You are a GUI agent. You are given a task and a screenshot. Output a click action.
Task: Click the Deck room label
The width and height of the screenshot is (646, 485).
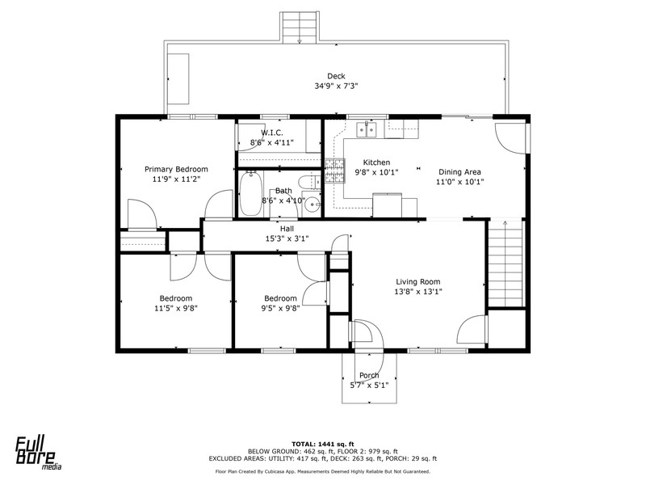(336, 76)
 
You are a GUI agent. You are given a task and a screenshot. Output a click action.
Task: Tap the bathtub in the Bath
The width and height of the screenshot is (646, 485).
(250, 193)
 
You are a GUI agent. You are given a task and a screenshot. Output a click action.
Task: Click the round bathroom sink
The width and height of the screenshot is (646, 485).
(314, 204)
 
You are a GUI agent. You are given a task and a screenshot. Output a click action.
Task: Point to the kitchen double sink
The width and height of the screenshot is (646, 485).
(367, 129)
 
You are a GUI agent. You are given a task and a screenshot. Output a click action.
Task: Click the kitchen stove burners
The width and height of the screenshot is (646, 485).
(334, 171)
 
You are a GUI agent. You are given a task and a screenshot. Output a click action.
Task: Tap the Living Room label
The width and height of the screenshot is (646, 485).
(418, 282)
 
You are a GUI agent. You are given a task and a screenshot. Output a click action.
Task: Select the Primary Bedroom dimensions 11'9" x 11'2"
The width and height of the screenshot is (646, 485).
(176, 179)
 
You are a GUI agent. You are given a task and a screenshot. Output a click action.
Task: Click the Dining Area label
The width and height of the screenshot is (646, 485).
(459, 172)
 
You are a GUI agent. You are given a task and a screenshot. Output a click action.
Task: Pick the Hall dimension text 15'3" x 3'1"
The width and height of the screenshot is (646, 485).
(287, 238)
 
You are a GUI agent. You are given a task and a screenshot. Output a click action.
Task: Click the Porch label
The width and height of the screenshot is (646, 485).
(369, 375)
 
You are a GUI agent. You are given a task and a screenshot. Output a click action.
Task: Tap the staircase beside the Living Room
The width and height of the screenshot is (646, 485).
(505, 264)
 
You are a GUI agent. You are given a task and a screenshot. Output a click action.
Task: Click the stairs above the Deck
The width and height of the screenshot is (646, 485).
(300, 27)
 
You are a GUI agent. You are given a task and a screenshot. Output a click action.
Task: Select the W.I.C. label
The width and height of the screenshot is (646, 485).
(272, 133)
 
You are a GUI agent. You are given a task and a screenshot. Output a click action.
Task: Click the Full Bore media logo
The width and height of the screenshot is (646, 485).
(39, 453)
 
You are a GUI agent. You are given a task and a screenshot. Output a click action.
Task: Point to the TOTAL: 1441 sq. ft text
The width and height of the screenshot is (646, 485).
(323, 444)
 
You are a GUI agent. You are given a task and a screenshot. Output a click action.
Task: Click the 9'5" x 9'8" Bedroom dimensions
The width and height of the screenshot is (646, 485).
(280, 308)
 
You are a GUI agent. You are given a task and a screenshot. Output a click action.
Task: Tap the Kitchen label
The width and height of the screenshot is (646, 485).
(376, 162)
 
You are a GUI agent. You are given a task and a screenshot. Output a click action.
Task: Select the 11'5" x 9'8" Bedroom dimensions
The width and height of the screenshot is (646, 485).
(176, 308)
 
